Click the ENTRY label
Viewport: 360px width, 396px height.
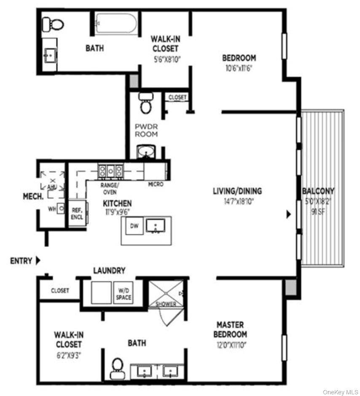(x=21, y=261)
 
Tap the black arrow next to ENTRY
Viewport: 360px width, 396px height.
(x=38, y=260)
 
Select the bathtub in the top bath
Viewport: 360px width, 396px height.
(x=116, y=23)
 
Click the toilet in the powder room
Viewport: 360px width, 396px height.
(x=146, y=103)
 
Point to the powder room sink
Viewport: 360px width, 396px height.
(x=146, y=152)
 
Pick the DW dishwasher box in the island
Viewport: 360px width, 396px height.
(x=134, y=225)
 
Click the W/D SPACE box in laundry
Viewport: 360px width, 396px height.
(x=123, y=293)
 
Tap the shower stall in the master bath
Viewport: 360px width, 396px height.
(x=166, y=294)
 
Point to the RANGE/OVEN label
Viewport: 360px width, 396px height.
(x=110, y=188)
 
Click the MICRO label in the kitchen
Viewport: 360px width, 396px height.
(x=156, y=185)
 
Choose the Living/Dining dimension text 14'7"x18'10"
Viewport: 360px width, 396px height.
(x=239, y=201)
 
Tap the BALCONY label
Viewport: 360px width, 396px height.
(x=318, y=191)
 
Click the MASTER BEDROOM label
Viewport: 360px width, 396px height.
(x=230, y=329)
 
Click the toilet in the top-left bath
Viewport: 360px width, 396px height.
(x=53, y=24)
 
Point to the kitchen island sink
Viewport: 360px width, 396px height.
(x=156, y=225)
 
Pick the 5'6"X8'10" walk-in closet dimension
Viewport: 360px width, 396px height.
(x=167, y=59)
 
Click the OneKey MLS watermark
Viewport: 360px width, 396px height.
(x=340, y=392)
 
